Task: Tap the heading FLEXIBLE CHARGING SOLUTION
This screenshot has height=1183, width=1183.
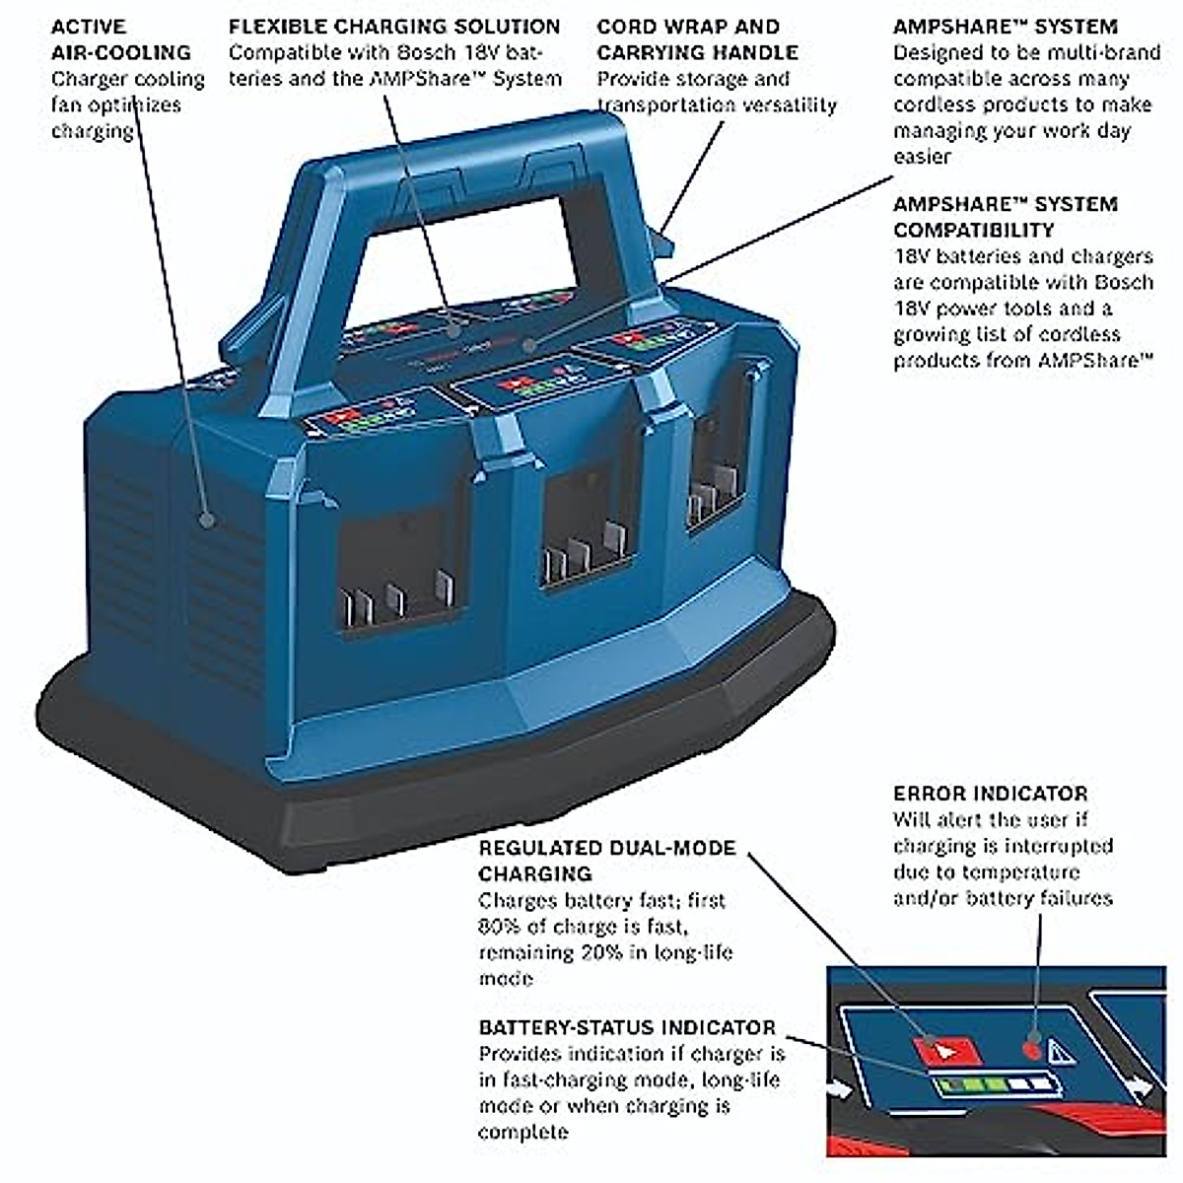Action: coord(394,27)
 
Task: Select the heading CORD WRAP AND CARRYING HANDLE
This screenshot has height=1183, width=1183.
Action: coord(697,39)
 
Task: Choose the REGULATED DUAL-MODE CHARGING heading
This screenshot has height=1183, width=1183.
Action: coord(606,860)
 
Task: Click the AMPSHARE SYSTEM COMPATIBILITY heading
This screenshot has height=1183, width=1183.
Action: coord(1005,217)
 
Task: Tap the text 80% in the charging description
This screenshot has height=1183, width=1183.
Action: coord(501,927)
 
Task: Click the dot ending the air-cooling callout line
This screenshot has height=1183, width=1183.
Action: coord(207,519)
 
